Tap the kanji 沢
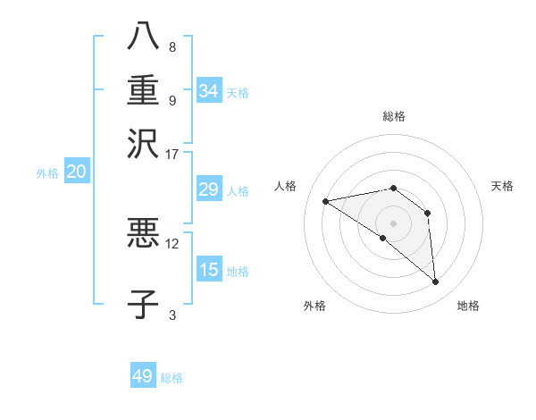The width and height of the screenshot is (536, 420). click(x=143, y=143)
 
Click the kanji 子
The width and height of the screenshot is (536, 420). click(x=143, y=304)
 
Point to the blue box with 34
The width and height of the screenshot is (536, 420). click(x=209, y=91)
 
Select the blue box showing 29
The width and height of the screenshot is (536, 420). click(x=209, y=189)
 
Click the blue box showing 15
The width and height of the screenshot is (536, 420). click(x=209, y=270)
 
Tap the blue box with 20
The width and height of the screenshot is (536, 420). click(x=76, y=172)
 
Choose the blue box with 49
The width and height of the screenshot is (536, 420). click(x=143, y=376)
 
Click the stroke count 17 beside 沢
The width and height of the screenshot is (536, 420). click(x=172, y=153)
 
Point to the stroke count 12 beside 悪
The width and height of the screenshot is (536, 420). click(x=172, y=242)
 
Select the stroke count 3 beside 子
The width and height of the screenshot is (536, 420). click(x=172, y=314)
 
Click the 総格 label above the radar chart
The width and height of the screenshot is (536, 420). click(x=394, y=116)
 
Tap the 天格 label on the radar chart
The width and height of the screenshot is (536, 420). click(x=502, y=186)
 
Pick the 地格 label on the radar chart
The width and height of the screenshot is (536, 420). click(x=468, y=306)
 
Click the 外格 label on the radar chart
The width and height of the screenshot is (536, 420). click(x=314, y=306)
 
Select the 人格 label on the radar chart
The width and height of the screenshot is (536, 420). click(x=285, y=186)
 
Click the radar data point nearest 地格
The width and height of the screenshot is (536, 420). click(x=436, y=282)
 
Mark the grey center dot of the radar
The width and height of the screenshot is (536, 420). click(x=394, y=223)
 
